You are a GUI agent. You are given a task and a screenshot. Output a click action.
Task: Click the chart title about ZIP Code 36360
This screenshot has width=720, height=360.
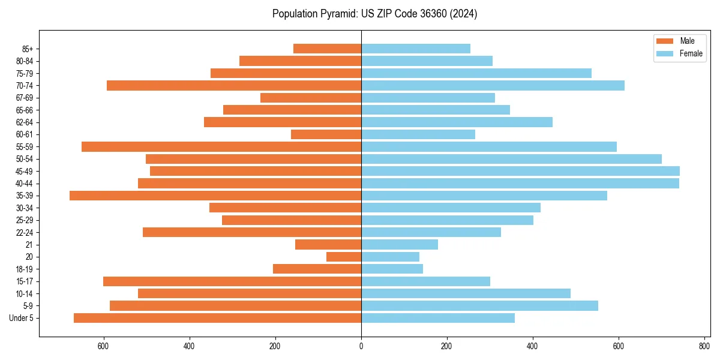(x=374, y=14)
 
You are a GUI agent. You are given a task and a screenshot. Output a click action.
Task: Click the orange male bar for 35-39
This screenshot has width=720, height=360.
(x=215, y=196)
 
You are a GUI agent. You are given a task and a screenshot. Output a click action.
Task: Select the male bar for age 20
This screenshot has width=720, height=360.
(x=344, y=257)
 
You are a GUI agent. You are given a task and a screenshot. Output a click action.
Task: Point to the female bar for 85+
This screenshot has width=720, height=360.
(x=416, y=49)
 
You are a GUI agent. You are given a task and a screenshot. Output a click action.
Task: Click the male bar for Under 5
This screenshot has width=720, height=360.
(x=217, y=318)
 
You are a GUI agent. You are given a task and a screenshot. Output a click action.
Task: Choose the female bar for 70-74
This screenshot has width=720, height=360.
(x=493, y=85)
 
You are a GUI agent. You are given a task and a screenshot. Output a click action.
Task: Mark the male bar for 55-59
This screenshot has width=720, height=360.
(x=221, y=146)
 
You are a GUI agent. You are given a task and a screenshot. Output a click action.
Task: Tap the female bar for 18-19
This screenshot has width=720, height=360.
(x=392, y=269)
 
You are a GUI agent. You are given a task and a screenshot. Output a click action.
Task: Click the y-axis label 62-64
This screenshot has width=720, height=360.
(x=25, y=122)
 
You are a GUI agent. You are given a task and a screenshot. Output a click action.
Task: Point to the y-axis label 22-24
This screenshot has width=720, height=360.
(x=25, y=232)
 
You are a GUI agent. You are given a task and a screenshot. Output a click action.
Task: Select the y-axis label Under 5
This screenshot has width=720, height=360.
(x=22, y=318)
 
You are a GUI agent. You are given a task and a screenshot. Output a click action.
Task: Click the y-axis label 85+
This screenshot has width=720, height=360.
(x=28, y=49)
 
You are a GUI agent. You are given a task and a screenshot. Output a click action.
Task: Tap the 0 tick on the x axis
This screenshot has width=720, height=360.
(x=361, y=346)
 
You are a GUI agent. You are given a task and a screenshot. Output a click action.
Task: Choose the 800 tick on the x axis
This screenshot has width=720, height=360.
(x=704, y=346)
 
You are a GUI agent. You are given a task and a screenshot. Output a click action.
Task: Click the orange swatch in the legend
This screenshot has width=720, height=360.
(x=665, y=41)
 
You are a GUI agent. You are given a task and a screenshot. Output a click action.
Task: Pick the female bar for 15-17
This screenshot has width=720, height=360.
(x=425, y=281)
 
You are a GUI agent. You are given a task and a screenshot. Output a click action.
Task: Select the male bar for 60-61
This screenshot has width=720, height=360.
(x=326, y=134)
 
